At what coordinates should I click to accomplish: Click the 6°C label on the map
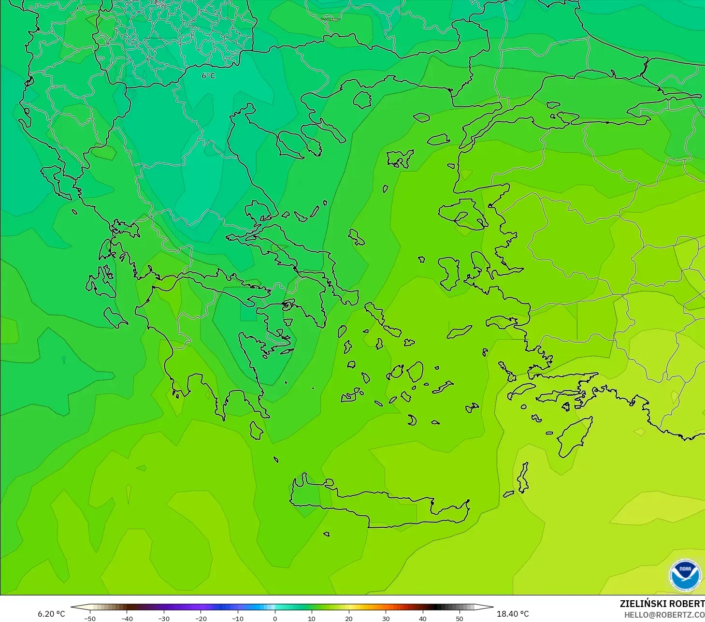click(x=208, y=76)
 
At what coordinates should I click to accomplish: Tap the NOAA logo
click(x=685, y=575)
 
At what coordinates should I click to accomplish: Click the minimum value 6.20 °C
click(x=51, y=614)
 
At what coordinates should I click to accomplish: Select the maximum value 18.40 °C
click(x=513, y=614)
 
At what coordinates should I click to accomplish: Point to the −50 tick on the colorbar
click(x=89, y=618)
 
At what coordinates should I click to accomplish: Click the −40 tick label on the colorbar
click(x=127, y=618)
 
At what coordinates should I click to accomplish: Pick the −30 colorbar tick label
click(x=164, y=618)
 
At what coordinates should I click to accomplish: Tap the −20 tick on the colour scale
click(x=201, y=618)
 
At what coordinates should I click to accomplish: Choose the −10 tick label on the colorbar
click(x=237, y=618)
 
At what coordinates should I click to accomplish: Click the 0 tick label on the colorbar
click(x=274, y=618)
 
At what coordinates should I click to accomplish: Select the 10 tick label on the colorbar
click(x=312, y=618)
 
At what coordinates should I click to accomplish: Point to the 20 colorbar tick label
click(x=348, y=618)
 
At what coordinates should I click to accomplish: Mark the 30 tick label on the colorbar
click(x=386, y=618)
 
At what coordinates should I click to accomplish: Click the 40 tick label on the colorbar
click(x=422, y=618)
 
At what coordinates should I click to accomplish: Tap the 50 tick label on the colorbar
click(x=460, y=618)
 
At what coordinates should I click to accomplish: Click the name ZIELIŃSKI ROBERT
click(x=662, y=604)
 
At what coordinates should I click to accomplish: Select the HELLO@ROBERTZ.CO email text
click(x=664, y=615)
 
